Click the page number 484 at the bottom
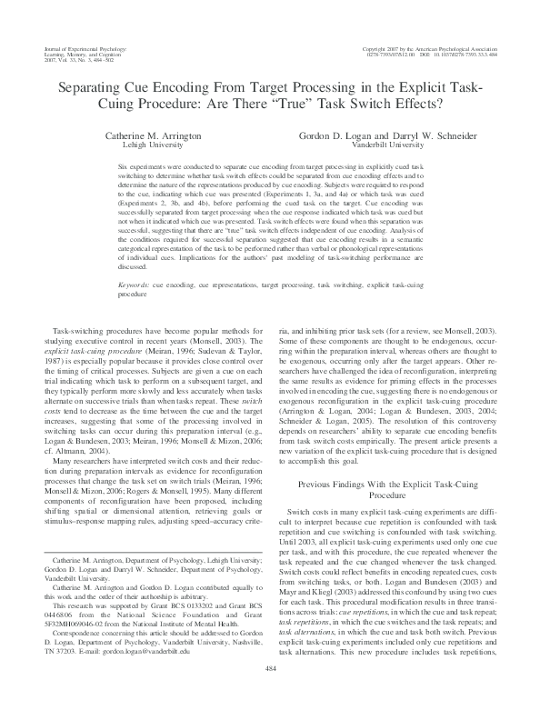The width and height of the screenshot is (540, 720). coord(270,694)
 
